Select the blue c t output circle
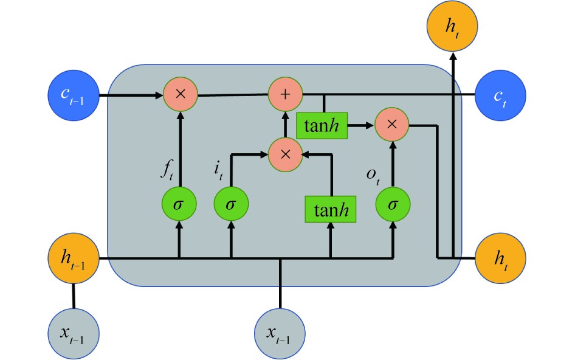[501, 95]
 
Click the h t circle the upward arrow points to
[452, 26]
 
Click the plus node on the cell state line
[286, 95]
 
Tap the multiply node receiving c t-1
[180, 95]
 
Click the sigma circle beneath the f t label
[179, 205]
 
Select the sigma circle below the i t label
[230, 205]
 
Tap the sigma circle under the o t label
[393, 205]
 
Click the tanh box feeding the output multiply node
[321, 125]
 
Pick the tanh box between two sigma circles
[330, 210]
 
